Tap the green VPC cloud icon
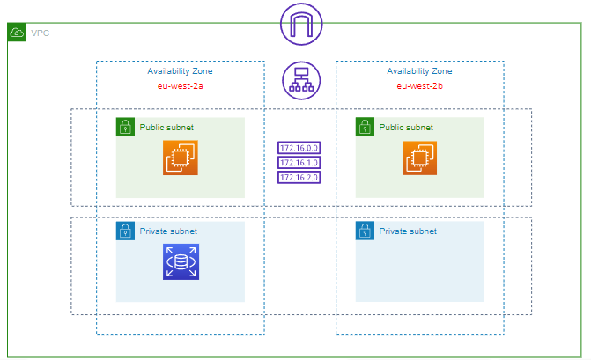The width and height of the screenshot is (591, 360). [x=17, y=33]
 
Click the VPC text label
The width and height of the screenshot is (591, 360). [x=41, y=33]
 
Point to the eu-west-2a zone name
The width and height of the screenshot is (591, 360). [x=180, y=86]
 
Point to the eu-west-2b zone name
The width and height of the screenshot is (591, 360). [x=419, y=86]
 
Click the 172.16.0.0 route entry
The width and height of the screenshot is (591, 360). [x=299, y=148]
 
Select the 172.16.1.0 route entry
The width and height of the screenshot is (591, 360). [x=299, y=163]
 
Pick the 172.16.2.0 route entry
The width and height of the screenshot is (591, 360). [x=299, y=177]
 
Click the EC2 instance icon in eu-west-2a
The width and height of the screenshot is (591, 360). [x=181, y=158]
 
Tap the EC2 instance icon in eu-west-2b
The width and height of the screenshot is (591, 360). [x=420, y=158]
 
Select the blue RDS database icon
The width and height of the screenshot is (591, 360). [x=181, y=262]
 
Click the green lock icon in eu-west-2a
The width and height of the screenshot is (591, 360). [x=125, y=127]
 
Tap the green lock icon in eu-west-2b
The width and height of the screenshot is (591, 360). [x=365, y=127]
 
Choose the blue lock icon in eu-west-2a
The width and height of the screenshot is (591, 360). [x=125, y=231]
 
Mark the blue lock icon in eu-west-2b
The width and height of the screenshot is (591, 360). [x=365, y=231]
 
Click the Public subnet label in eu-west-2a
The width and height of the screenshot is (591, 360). [x=166, y=127]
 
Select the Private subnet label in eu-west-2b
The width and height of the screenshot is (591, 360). [x=408, y=231]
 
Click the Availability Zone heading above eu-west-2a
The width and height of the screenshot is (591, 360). [x=180, y=71]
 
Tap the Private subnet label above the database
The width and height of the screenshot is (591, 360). [x=168, y=231]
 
